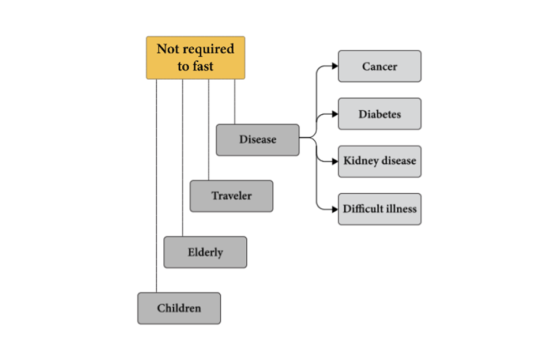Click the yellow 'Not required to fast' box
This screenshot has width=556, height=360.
click(x=195, y=58)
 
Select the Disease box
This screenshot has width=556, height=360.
click(x=257, y=140)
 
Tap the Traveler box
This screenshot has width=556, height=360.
click(x=231, y=196)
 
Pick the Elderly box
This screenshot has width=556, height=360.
click(x=205, y=252)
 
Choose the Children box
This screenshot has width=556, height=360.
click(x=179, y=308)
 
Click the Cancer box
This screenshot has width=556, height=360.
click(x=380, y=66)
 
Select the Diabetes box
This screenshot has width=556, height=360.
click(x=380, y=114)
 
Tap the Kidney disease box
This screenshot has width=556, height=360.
click(x=380, y=161)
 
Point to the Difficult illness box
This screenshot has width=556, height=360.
click(x=380, y=209)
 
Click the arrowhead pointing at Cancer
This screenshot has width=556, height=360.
click(x=335, y=66)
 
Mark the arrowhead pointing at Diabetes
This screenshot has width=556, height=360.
click(x=335, y=114)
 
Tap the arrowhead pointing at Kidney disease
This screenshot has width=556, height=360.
click(x=335, y=162)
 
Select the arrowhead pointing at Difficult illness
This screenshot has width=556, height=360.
click(x=335, y=209)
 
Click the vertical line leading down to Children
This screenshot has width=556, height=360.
click(x=156, y=185)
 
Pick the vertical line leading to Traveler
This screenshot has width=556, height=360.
click(x=209, y=129)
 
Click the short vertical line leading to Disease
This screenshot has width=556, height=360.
click(x=235, y=102)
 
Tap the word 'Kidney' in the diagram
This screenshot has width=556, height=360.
click(x=359, y=161)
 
